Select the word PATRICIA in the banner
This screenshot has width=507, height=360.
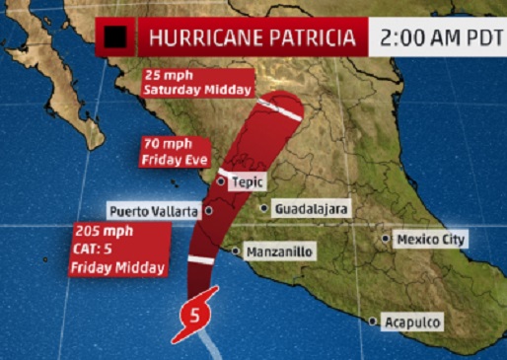point(313,39)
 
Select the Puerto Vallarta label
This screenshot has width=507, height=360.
point(154,211)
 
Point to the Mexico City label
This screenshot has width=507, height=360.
point(431,240)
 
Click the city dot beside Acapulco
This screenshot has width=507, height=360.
point(373,322)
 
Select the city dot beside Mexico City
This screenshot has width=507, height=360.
point(386,240)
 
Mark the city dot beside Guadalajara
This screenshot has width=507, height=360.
point(264,208)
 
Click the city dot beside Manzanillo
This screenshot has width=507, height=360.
point(236,252)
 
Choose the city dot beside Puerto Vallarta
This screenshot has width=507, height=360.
point(208,210)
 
